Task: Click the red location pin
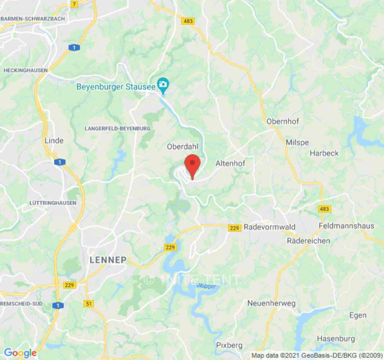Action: [193, 165]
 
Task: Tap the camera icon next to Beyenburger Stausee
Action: [163, 84]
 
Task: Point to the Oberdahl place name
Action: [182, 147]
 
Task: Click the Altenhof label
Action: [230, 164]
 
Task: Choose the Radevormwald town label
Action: [269, 227]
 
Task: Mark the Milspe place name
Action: [298, 143]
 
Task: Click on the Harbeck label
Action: [324, 153]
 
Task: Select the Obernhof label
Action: [283, 121]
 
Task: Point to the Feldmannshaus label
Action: [346, 226]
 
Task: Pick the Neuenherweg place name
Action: [271, 303]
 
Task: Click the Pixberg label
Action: [229, 345]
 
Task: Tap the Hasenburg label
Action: [336, 338]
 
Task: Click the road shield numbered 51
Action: [88, 304]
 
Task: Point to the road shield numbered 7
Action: [74, 4]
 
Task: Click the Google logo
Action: [20, 353]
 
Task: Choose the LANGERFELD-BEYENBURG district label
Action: [117, 129]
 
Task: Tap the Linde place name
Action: [54, 141]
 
